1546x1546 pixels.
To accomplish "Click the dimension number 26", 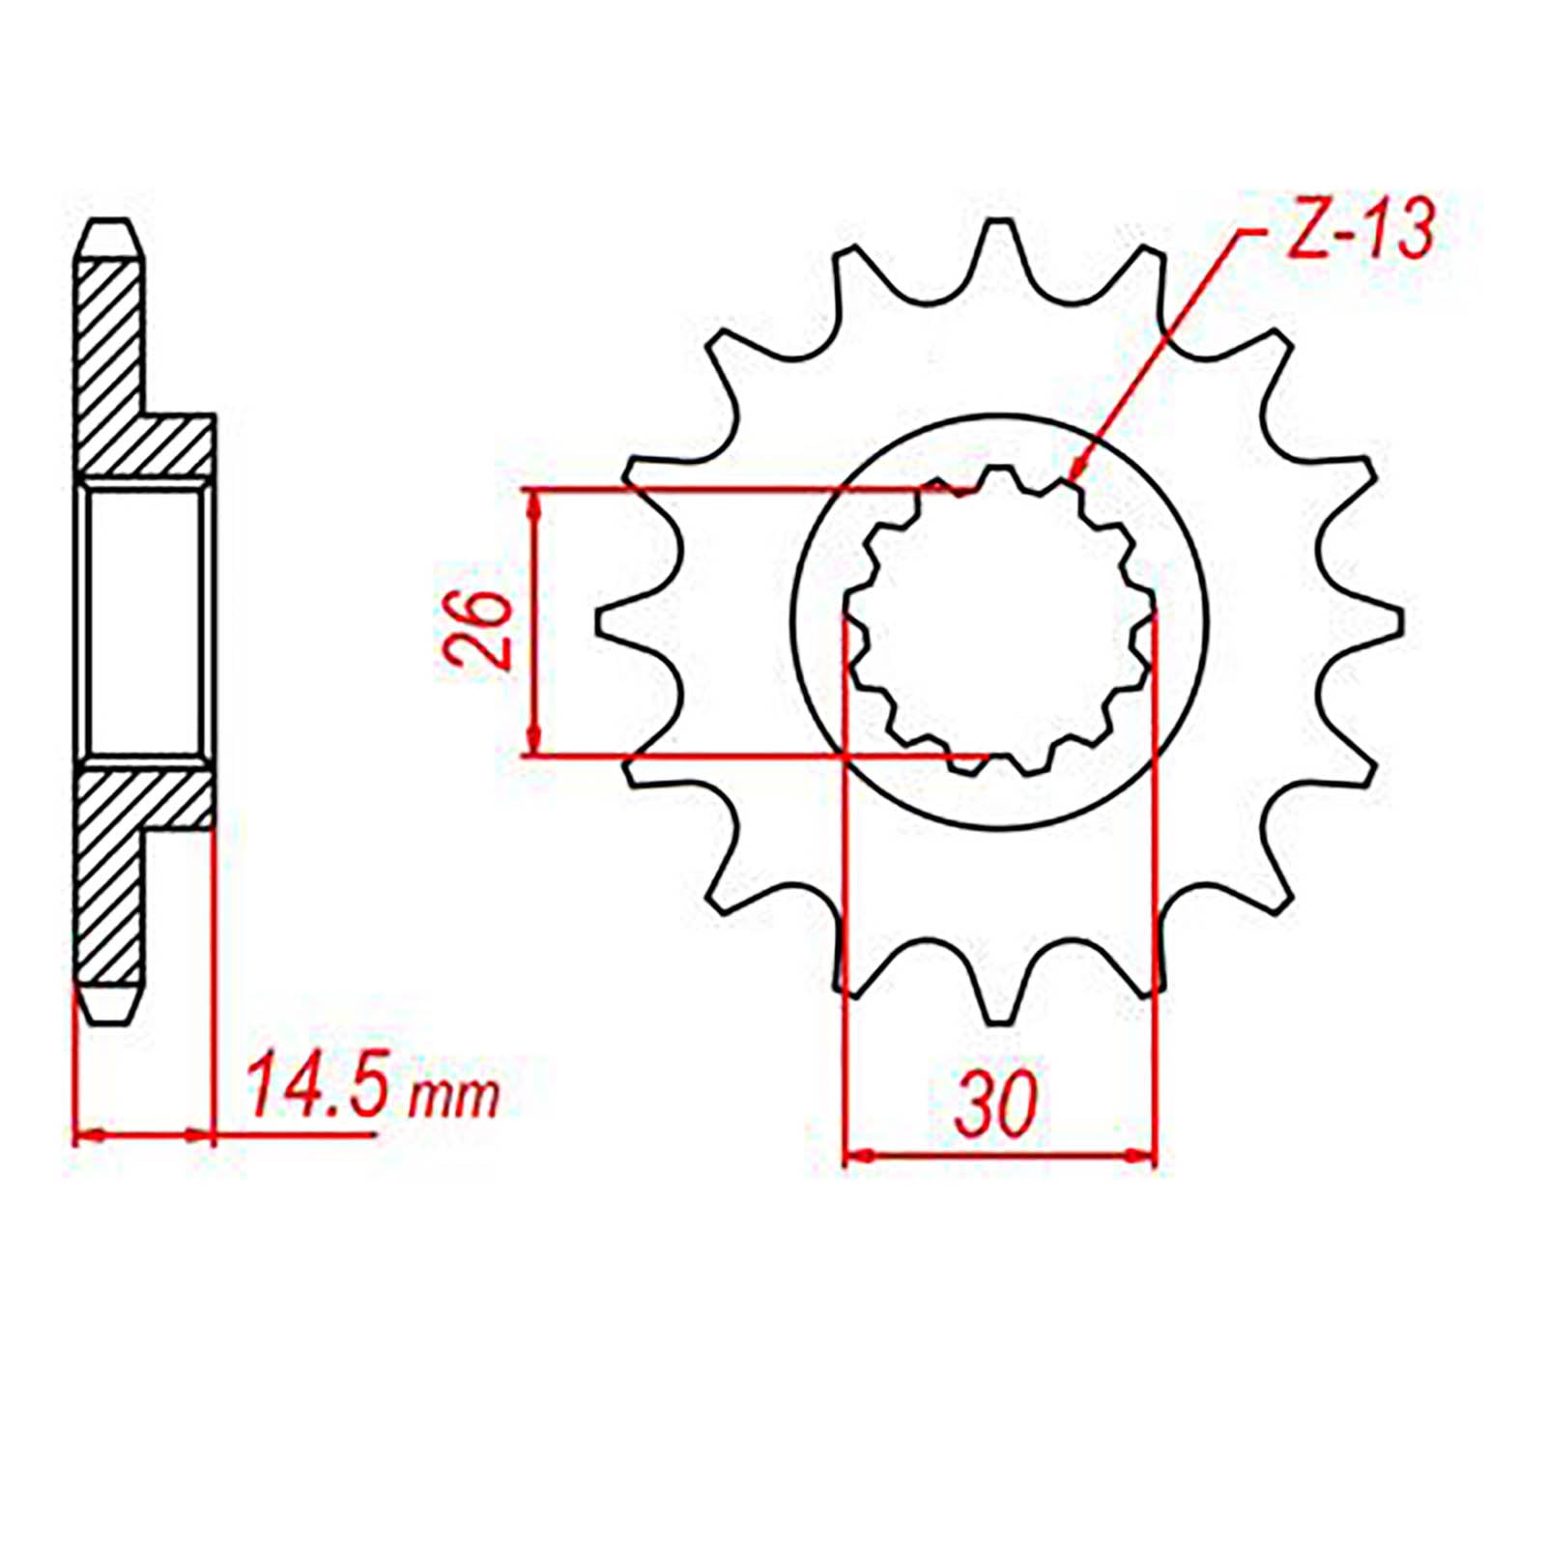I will click(x=477, y=629).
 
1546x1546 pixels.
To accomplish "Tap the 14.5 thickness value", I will click(x=317, y=1086).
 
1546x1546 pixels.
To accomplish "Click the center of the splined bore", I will click(x=999, y=621).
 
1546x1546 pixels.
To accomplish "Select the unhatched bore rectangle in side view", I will click(x=145, y=621).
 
